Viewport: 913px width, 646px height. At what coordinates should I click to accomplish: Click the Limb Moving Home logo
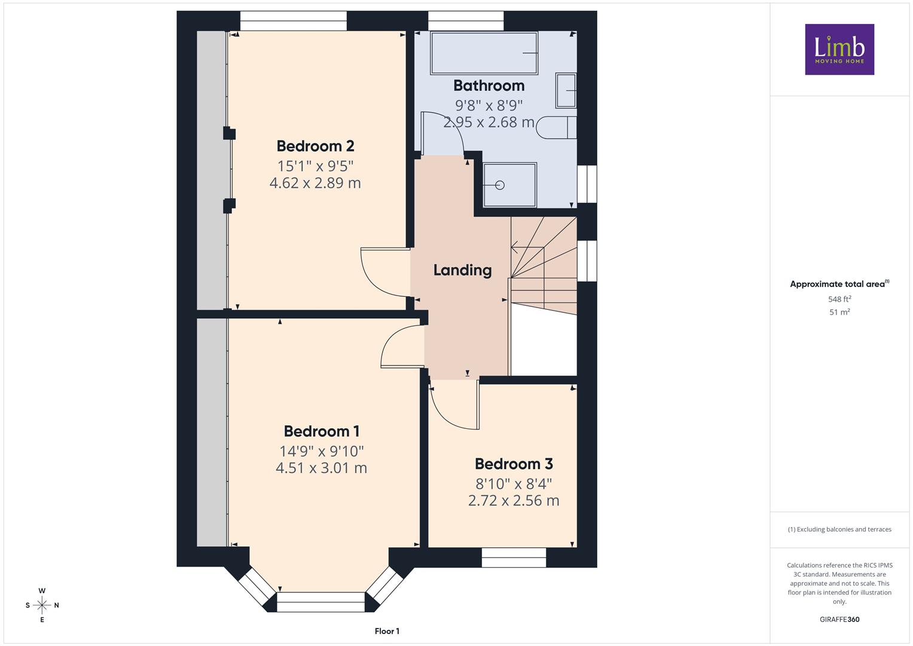point(839,49)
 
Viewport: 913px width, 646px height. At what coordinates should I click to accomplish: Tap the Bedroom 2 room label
point(315,145)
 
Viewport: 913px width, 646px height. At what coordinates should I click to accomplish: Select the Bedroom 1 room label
point(322,431)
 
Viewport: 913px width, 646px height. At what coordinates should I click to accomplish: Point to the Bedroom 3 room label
point(514,464)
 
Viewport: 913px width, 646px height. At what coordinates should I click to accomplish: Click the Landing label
point(462,270)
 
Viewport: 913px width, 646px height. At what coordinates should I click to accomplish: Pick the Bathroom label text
point(488,86)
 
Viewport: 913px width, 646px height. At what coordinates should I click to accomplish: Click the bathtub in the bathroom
point(484,53)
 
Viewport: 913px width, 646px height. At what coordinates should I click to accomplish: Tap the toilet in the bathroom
point(556,127)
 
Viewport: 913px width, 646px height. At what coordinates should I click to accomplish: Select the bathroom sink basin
point(566,90)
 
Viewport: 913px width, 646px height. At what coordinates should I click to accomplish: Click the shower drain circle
point(500,185)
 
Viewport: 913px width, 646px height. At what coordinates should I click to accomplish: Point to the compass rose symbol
point(42,605)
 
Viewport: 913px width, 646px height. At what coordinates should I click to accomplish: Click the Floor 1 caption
point(387,631)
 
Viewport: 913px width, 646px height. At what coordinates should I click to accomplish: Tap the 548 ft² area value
point(839,299)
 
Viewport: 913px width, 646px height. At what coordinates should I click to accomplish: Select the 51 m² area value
point(839,312)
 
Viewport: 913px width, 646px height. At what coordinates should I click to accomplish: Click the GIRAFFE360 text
point(839,619)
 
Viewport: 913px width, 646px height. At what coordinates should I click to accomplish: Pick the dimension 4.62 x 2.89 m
point(315,182)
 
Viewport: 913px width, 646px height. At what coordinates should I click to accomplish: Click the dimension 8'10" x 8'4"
point(514,484)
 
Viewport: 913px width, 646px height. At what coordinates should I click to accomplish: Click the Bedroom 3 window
point(514,557)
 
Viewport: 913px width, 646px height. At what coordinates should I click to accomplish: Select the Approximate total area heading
point(839,284)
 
